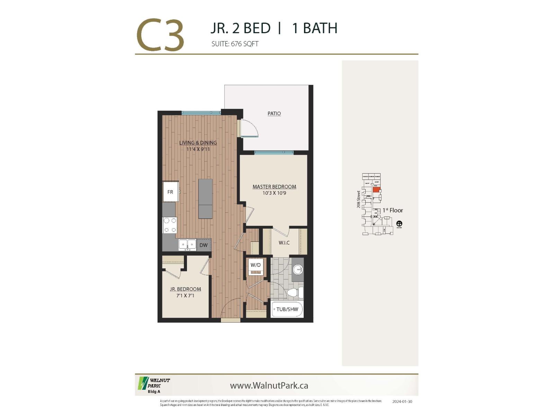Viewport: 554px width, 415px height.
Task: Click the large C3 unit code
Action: click(x=160, y=36)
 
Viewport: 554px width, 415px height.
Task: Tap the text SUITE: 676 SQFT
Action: click(x=235, y=44)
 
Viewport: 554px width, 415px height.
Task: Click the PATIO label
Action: click(x=274, y=113)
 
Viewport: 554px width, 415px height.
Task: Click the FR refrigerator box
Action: click(x=170, y=192)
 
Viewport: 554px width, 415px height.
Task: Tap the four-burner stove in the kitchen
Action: click(x=170, y=225)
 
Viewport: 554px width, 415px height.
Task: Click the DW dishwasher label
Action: click(x=204, y=245)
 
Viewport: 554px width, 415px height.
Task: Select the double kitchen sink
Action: click(x=187, y=245)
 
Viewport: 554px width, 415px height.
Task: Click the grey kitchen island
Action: click(x=205, y=199)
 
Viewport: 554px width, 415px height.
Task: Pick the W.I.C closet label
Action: click(x=284, y=243)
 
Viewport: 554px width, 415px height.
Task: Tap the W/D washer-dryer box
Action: click(x=256, y=265)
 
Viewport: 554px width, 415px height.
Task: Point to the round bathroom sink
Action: click(x=297, y=269)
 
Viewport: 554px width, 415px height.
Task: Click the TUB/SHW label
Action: click(x=287, y=309)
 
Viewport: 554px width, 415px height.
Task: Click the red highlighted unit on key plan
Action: click(x=376, y=190)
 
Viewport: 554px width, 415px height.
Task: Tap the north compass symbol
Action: click(x=399, y=224)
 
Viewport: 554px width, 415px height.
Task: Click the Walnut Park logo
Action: click(x=154, y=384)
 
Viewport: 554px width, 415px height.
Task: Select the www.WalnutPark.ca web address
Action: click(x=269, y=386)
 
